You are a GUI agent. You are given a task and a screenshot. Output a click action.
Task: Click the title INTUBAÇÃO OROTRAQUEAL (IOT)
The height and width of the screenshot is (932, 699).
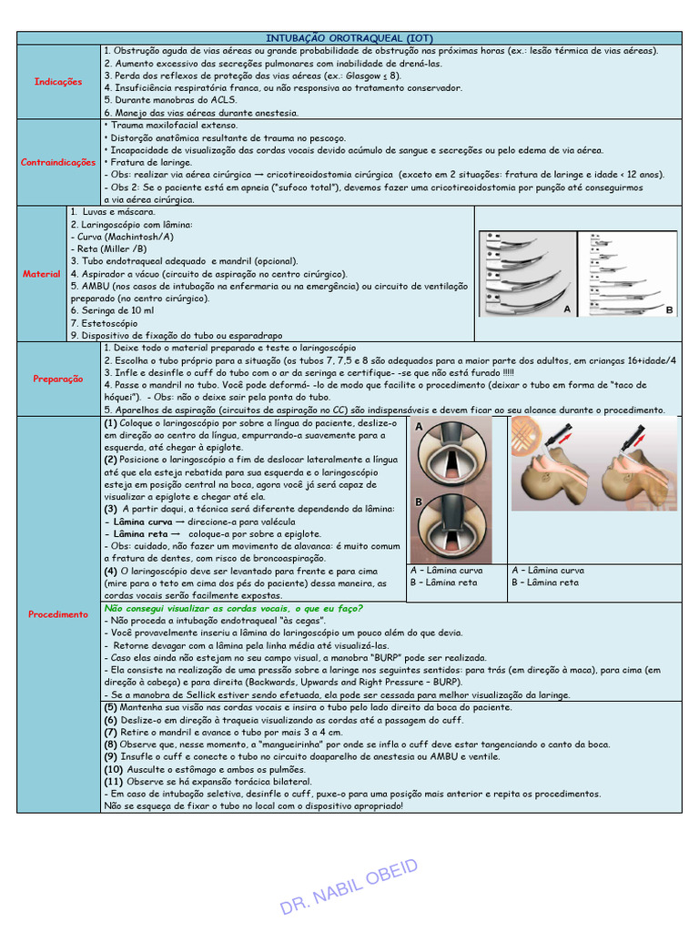[349, 37]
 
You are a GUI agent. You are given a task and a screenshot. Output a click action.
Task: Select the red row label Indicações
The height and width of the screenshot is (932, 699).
[58, 82]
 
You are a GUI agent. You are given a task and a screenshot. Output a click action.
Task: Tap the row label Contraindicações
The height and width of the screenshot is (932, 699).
[58, 162]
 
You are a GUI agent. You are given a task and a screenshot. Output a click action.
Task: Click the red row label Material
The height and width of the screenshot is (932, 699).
[42, 273]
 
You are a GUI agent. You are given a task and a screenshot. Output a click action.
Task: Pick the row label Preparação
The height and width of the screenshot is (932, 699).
[58, 379]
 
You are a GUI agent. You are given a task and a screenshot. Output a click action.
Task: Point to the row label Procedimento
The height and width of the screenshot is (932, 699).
[58, 614]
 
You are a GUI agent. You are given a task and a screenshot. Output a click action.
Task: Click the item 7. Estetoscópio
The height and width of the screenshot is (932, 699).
[105, 323]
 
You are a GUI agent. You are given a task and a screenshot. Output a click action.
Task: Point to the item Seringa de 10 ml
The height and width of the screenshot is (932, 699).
[121, 310]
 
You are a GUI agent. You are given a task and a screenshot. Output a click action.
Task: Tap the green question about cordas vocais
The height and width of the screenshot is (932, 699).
[234, 608]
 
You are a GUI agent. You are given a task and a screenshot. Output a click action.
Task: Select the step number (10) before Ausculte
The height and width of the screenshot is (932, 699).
[117, 769]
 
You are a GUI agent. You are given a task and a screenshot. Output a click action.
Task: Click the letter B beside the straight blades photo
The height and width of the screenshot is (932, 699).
[669, 310]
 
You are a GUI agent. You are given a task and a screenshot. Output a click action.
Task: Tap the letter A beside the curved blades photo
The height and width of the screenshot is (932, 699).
[567, 310]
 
